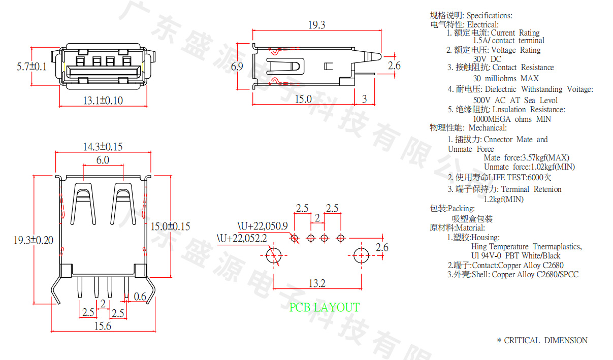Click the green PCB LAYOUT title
(x=324, y=308)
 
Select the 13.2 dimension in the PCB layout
(x=316, y=283)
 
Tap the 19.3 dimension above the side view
(x=316, y=25)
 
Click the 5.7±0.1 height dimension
(x=31, y=67)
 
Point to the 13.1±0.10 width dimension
(x=103, y=101)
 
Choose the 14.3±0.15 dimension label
(x=103, y=147)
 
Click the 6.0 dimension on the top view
(x=103, y=160)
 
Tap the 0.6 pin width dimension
(x=140, y=297)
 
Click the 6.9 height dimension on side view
(x=237, y=67)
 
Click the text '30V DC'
(x=487, y=59)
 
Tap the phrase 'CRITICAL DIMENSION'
(x=545, y=341)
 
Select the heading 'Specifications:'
(x=489, y=16)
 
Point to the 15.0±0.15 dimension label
(x=171, y=226)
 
